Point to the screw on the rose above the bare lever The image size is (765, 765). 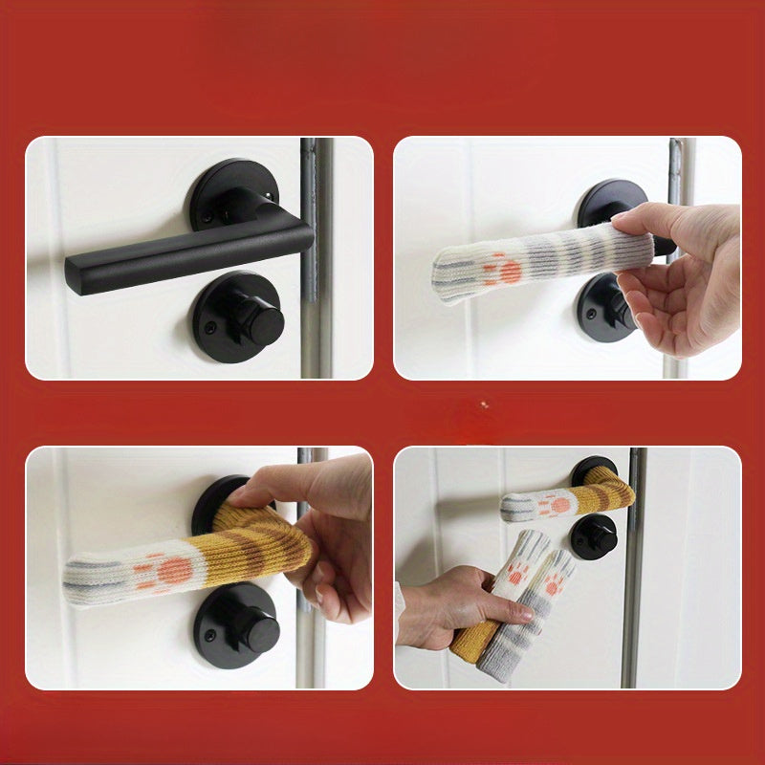pos(208,220)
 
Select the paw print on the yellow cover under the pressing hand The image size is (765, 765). pos(166,571)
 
